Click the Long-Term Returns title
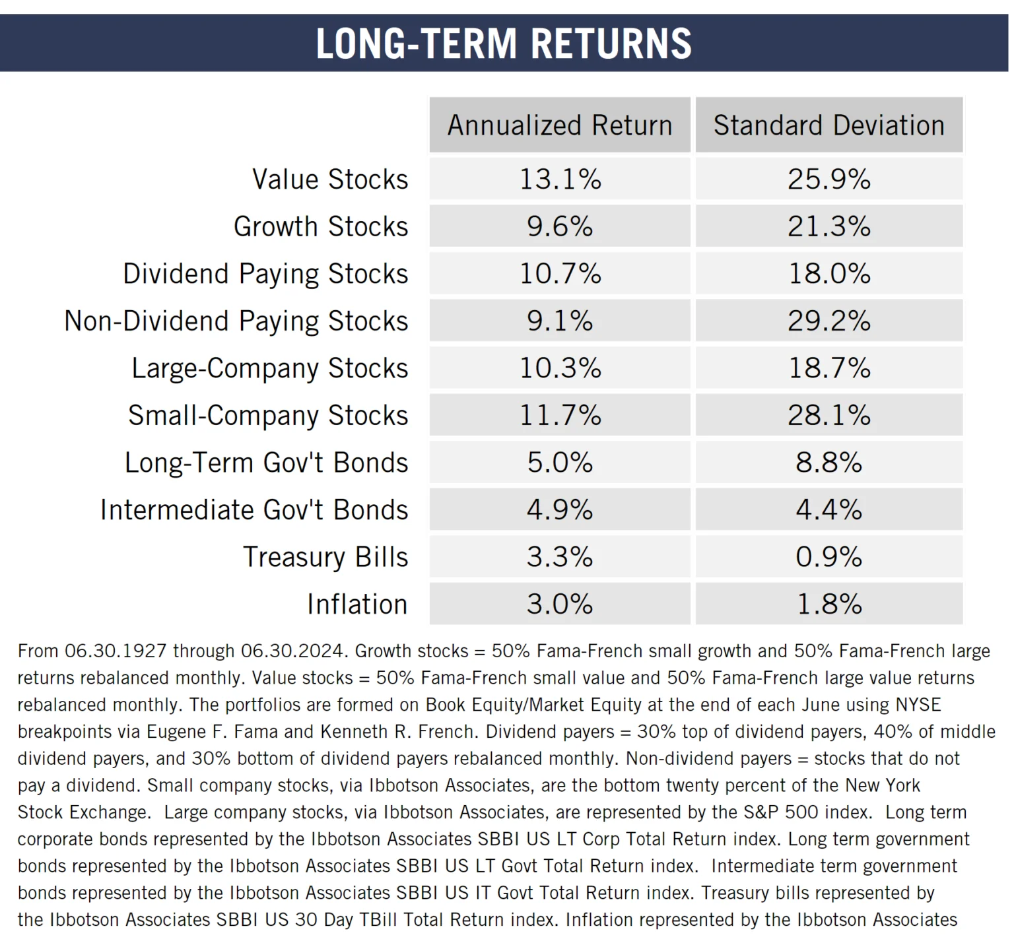pyautogui.click(x=504, y=44)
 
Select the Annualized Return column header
pyautogui.click(x=560, y=125)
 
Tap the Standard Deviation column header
pyautogui.click(x=828, y=125)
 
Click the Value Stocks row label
pyautogui.click(x=330, y=179)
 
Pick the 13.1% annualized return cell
pyautogui.click(x=560, y=179)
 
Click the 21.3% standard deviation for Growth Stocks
pyautogui.click(x=828, y=226)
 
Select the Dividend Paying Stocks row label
pyautogui.click(x=265, y=274)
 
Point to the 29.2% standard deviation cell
pyautogui.click(x=828, y=321)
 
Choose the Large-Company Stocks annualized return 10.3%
pyautogui.click(x=560, y=368)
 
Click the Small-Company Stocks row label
pyautogui.click(x=268, y=416)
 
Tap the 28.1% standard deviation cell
pyautogui.click(x=828, y=416)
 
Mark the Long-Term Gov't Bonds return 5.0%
pyautogui.click(x=560, y=463)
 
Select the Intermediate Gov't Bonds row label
pyautogui.click(x=254, y=510)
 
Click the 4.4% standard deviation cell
pyautogui.click(x=828, y=510)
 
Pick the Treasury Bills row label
pyautogui.click(x=325, y=557)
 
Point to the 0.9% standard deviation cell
pyautogui.click(x=828, y=557)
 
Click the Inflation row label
pyautogui.click(x=357, y=604)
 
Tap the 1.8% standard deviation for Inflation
pyautogui.click(x=828, y=604)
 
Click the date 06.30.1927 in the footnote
pyautogui.click(x=116, y=651)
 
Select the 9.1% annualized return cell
pyautogui.click(x=560, y=321)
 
